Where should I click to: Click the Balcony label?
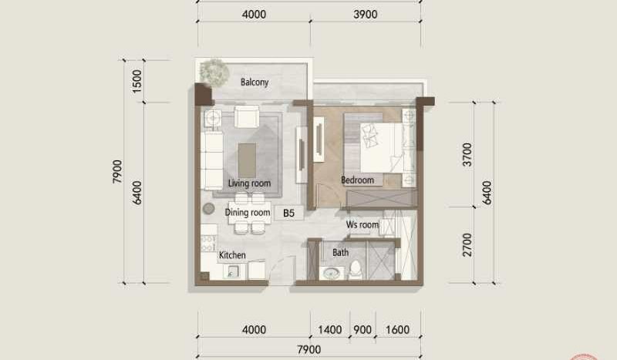(x=254, y=82)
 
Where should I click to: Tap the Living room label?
(x=249, y=183)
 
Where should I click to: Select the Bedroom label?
(x=357, y=180)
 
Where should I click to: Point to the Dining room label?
(x=248, y=213)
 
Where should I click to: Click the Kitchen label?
(x=232, y=255)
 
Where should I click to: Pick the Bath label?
(x=340, y=252)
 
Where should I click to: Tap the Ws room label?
(x=362, y=224)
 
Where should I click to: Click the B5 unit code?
(x=289, y=214)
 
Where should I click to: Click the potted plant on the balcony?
(x=214, y=71)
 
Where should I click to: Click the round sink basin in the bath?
(x=332, y=273)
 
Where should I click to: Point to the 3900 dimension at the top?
(x=366, y=15)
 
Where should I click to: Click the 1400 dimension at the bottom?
(x=329, y=330)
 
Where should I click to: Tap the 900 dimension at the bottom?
(x=362, y=330)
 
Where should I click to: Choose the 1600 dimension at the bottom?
(x=398, y=330)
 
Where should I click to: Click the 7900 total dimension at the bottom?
(x=308, y=351)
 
